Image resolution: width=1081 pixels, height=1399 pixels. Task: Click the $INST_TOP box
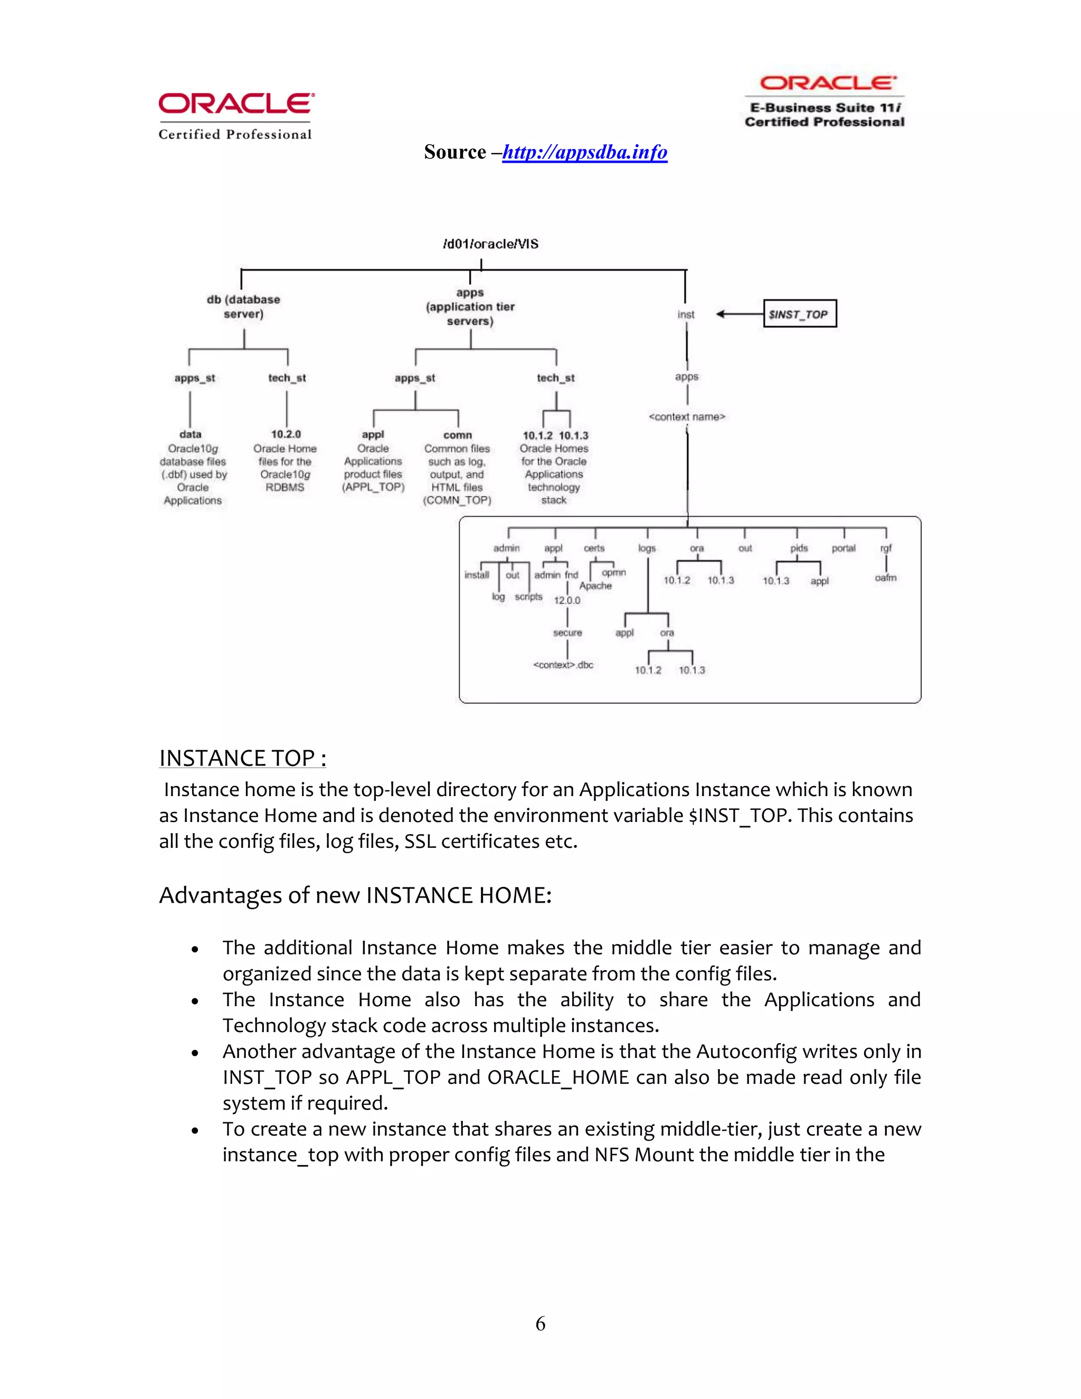(799, 314)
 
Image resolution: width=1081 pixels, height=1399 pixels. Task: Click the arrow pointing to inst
(739, 314)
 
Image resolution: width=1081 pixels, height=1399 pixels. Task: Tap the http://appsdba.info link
(584, 153)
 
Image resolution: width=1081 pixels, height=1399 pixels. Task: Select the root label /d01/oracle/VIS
(490, 244)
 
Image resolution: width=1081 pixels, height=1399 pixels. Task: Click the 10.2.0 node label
(286, 434)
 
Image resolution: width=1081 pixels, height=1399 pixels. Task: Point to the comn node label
(457, 435)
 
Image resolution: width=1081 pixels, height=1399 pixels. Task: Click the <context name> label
(687, 417)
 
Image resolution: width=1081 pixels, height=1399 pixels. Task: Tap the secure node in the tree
(567, 633)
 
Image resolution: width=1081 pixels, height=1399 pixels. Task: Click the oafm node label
(886, 578)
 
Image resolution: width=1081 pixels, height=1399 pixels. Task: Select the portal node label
(843, 549)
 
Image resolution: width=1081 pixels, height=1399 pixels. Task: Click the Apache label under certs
(595, 586)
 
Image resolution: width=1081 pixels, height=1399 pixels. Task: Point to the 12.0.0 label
(567, 601)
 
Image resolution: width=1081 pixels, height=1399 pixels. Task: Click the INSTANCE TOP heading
(243, 759)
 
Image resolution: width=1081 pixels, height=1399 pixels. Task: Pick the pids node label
(799, 549)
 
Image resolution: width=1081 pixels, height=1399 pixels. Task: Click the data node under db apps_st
(190, 434)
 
